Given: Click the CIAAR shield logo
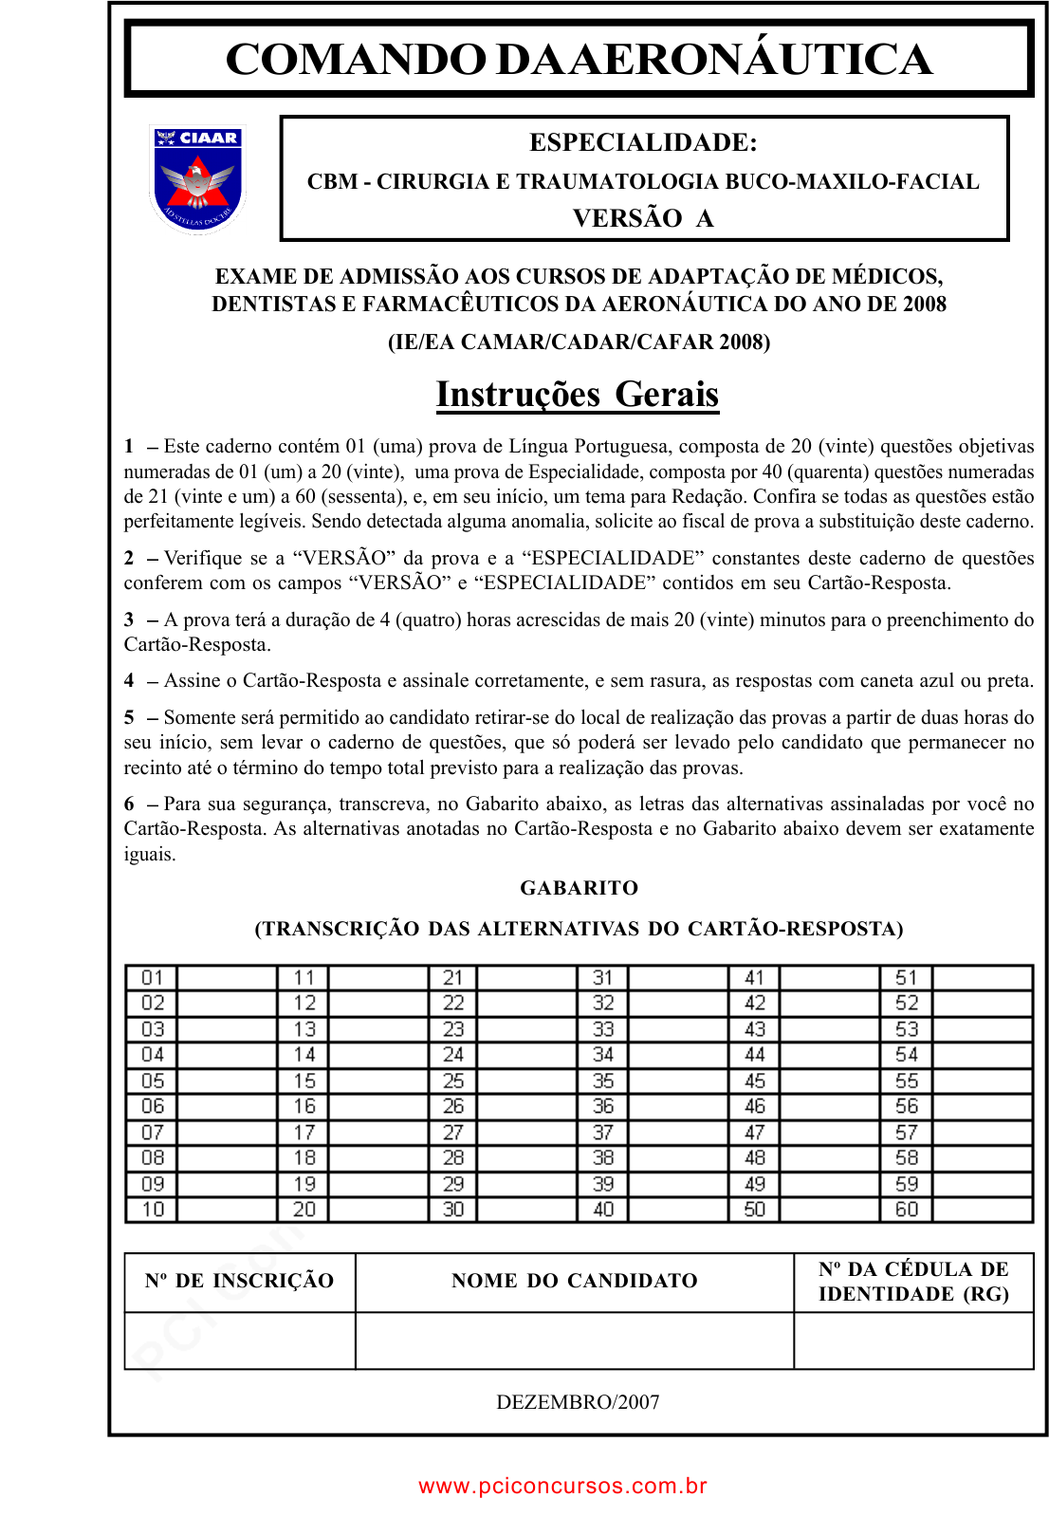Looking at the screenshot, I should point(197,178).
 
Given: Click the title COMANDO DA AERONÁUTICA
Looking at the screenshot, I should point(579,59).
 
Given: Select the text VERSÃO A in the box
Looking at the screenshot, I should point(643,218).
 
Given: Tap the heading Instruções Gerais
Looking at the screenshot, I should point(578,394).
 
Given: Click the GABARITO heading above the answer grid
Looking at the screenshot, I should point(579,888).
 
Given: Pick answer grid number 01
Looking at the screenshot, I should point(153,978).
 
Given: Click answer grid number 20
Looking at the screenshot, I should point(304,1210).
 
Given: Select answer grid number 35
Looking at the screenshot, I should point(603,1081).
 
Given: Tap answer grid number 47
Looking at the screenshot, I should point(755,1133).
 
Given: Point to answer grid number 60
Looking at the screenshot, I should point(907,1210).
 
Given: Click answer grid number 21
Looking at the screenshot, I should point(453,978).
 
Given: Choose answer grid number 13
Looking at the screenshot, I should point(304,1029).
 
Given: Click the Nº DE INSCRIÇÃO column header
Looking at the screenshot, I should point(239,1281).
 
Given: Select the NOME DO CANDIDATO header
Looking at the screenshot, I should point(574,1281).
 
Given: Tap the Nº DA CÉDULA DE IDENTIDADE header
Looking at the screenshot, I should point(913,1282).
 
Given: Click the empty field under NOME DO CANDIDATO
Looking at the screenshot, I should point(574,1340).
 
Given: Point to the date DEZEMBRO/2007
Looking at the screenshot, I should point(578,1402).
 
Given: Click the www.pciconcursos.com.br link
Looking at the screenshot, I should point(562,1486).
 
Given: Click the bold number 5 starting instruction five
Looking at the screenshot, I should point(129,717).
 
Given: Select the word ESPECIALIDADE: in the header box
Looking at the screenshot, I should point(643,142).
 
